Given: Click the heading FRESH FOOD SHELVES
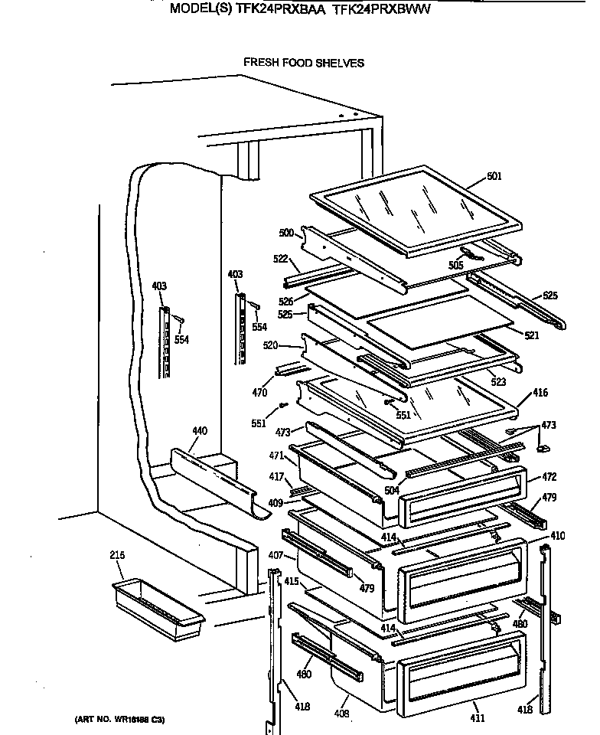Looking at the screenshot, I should point(304,63).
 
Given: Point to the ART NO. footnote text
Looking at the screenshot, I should point(119,720).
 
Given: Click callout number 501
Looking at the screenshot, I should point(494,177).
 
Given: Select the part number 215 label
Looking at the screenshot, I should point(117,555).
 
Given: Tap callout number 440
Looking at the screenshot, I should point(199,432).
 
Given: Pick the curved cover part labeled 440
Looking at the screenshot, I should point(210,479).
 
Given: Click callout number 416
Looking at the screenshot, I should point(540,393).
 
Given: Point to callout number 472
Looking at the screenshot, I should point(549,477).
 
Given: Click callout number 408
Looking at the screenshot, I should point(341,714).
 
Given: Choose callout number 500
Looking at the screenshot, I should point(286,232).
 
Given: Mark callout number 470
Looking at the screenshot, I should point(259,393).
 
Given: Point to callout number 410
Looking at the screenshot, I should point(558,536).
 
